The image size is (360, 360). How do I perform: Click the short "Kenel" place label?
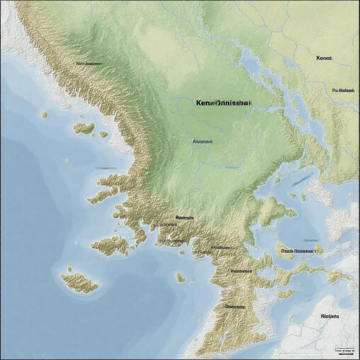tap(324, 58)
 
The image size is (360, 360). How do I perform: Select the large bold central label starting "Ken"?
tap(224, 103)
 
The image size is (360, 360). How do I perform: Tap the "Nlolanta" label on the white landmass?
tap(330, 316)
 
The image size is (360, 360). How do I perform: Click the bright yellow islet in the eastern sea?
tap(319, 249)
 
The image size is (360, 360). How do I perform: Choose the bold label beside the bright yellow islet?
tap(299, 251)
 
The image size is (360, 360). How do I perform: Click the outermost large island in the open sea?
tap(79, 282)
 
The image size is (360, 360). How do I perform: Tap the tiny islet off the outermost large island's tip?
tap(69, 269)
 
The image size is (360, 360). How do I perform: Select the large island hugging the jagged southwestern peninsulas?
tap(110, 245)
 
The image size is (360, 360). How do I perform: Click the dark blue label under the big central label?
tap(202, 142)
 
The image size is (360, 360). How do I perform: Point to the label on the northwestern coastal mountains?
tap(89, 64)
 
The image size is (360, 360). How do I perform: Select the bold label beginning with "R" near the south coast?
tap(185, 218)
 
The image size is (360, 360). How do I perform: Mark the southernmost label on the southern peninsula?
tap(235, 307)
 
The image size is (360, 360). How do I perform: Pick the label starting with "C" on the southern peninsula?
tap(241, 271)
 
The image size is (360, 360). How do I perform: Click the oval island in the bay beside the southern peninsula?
tap(180, 277)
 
